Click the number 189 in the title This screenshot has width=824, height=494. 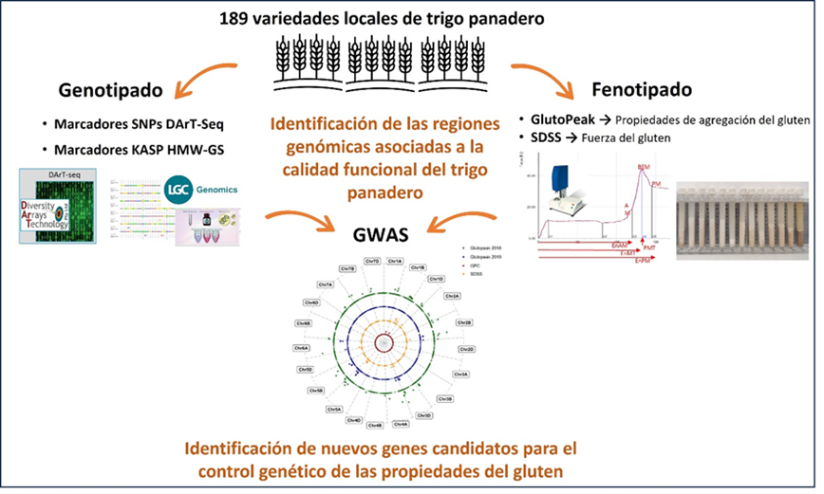237,19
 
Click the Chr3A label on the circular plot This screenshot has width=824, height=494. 461,374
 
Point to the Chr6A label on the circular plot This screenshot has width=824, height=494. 304,348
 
